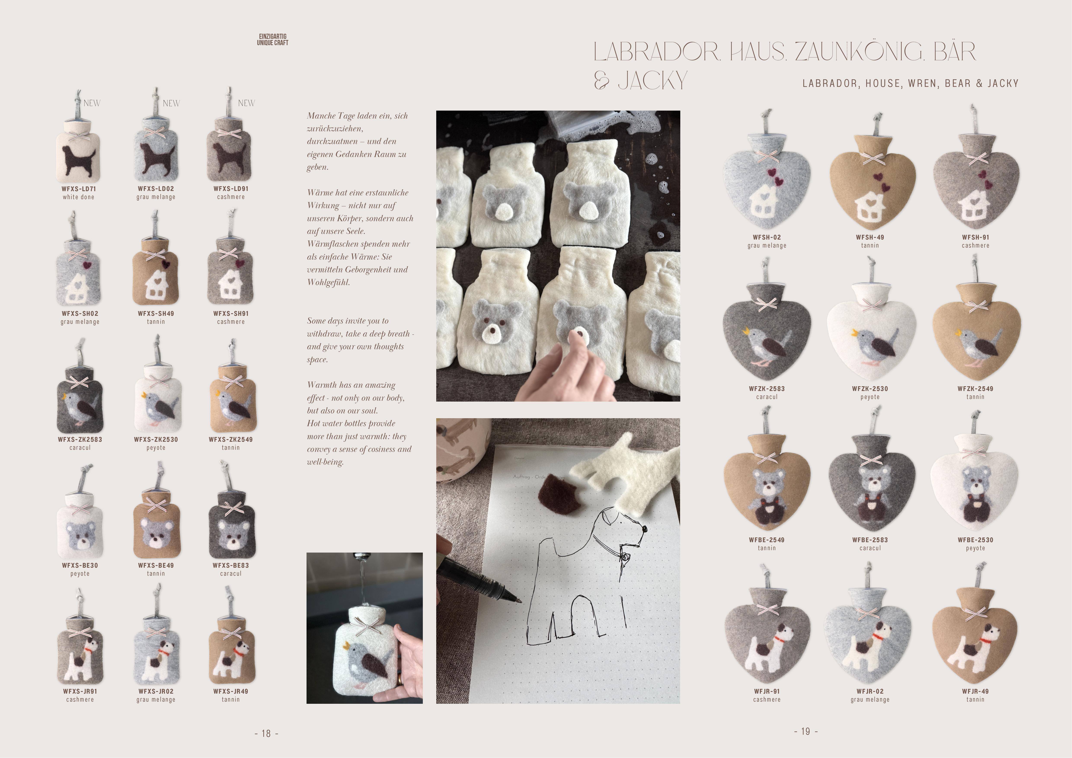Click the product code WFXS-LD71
pyautogui.click(x=78, y=189)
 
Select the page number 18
pyautogui.click(x=266, y=733)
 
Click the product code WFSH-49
pyautogui.click(x=870, y=237)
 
